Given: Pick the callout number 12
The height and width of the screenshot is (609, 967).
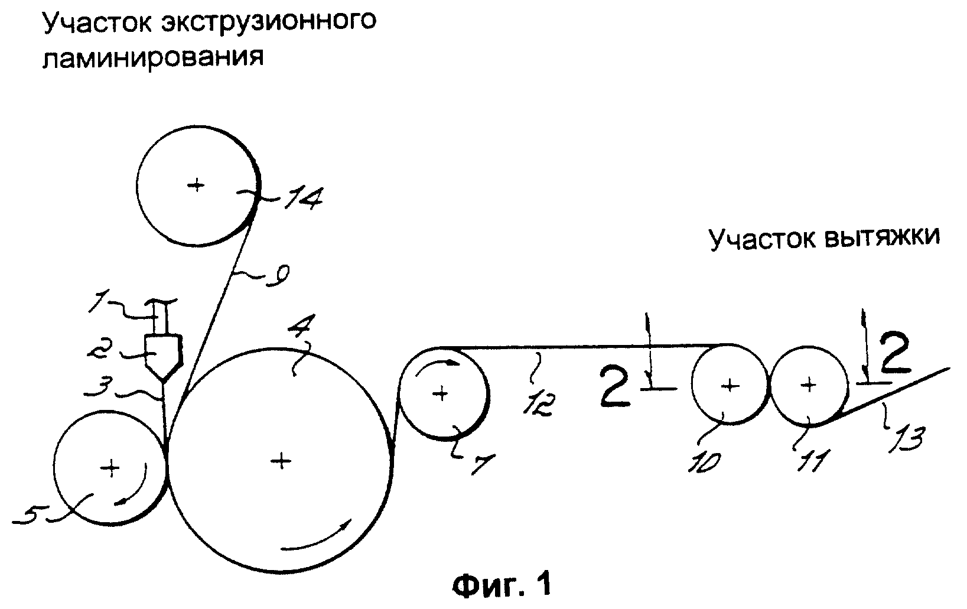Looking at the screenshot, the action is [538, 405].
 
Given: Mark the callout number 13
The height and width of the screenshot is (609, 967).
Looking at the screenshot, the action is [906, 440].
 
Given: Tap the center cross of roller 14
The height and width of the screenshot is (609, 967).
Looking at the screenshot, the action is [197, 185].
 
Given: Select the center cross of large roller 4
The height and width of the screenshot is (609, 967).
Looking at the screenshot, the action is [281, 461].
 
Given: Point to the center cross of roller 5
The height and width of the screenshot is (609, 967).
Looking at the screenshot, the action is [110, 468].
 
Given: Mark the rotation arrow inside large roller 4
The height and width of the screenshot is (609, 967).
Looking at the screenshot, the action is [317, 536].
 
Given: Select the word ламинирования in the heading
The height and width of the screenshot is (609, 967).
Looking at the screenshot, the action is [153, 56].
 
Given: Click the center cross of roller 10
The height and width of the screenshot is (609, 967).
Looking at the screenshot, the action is [730, 386].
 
